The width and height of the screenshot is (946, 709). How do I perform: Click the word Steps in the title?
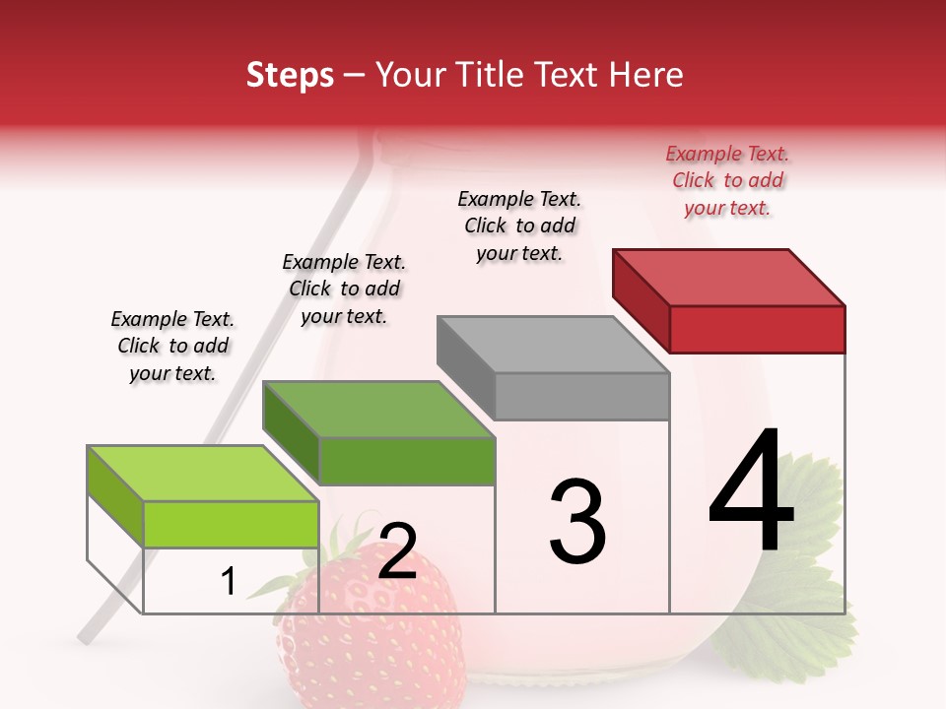pyautogui.click(x=290, y=75)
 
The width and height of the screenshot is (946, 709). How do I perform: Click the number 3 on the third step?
pyautogui.click(x=577, y=521)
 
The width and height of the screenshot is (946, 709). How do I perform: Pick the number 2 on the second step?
pyautogui.click(x=397, y=551)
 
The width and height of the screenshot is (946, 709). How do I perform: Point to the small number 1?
pyautogui.click(x=229, y=582)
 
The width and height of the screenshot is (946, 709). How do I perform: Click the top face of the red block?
pyautogui.click(x=729, y=277)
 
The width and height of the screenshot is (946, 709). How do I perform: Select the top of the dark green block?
pyautogui.click(x=378, y=409)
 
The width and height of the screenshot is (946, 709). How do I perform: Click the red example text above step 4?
pyautogui.click(x=727, y=181)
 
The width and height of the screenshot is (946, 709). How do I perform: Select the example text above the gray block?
pyautogui.click(x=520, y=226)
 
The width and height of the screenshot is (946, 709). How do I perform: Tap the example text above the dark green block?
pyautogui.click(x=344, y=290)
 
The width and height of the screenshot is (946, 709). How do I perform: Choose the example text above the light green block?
pyautogui.click(x=172, y=347)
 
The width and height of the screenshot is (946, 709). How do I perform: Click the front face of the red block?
pyautogui.click(x=757, y=329)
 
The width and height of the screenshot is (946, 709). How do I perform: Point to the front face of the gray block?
pyautogui.click(x=581, y=396)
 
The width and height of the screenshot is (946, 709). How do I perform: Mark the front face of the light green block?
pyautogui.click(x=231, y=524)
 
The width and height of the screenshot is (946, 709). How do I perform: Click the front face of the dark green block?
pyautogui.click(x=406, y=461)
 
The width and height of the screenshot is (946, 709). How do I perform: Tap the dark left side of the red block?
pyautogui.click(x=641, y=300)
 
